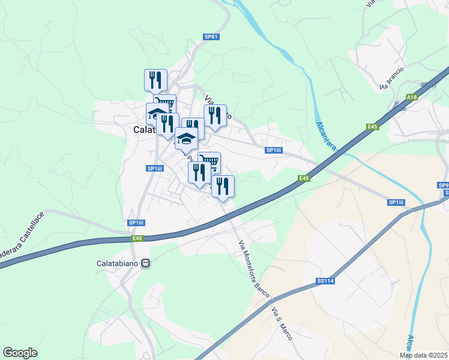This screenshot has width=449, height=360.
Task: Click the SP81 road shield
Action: (x=211, y=37)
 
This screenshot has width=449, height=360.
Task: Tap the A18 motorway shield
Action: (x=411, y=97)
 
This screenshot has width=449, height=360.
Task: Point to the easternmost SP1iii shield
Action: (x=396, y=202)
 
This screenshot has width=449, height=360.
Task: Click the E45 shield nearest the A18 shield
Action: (x=373, y=127)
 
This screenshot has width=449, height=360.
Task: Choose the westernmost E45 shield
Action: (x=139, y=239)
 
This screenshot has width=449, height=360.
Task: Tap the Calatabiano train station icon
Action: (x=145, y=263)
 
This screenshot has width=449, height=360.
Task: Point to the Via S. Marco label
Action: (x=282, y=324)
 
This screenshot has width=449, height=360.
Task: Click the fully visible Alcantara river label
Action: (x=326, y=136)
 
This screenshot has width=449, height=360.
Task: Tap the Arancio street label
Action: (x=392, y=79)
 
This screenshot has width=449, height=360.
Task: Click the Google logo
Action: (x=20, y=353)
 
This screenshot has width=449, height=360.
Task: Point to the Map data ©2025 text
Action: (x=423, y=355)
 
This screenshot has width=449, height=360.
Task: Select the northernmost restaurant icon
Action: (x=155, y=80)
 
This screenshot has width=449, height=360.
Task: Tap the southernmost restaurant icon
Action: (x=222, y=185)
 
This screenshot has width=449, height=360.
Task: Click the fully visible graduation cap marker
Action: (x=187, y=139)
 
